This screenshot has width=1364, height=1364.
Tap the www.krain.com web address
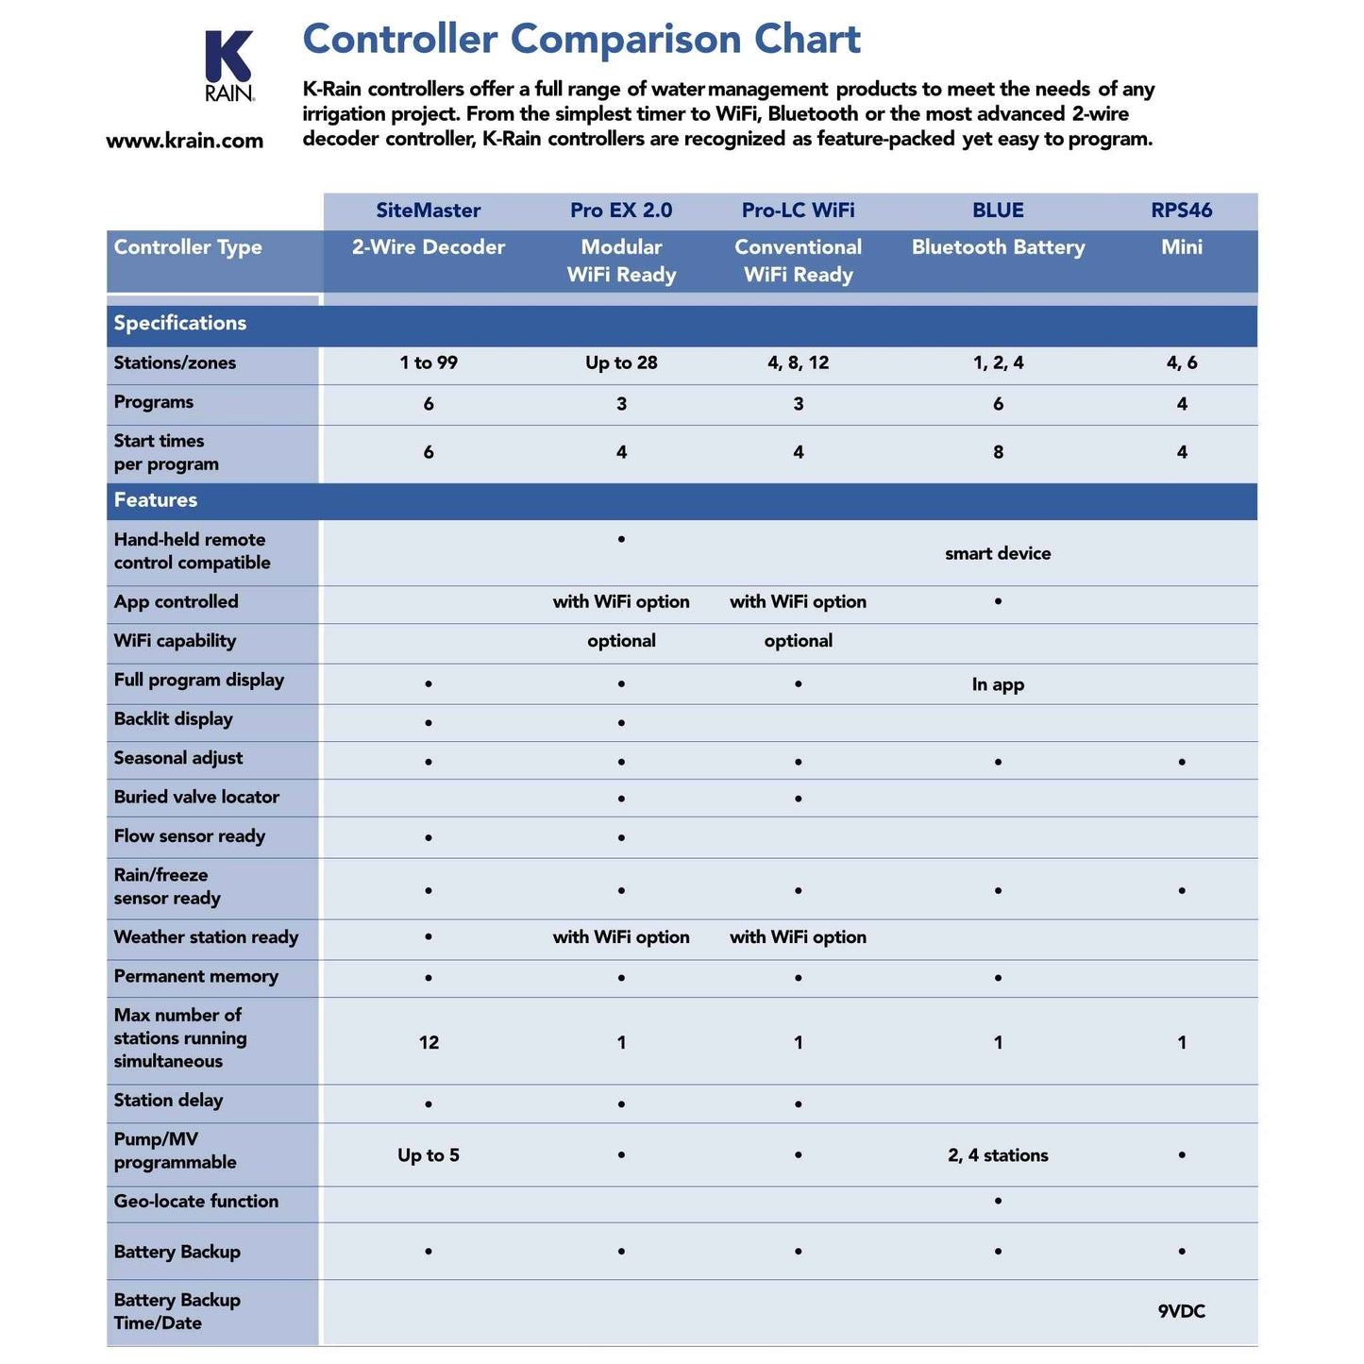185,141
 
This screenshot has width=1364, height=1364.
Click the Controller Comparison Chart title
581,40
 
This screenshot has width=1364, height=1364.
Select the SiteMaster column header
429,210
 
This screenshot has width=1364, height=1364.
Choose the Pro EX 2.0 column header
621,210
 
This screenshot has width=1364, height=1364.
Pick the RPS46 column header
1181,210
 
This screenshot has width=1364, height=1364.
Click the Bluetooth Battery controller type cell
998,247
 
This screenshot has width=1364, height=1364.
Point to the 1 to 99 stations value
429,363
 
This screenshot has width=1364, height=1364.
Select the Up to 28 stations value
621,363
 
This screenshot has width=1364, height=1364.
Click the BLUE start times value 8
998,452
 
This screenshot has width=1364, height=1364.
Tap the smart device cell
998,553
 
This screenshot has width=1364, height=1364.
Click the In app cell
998,684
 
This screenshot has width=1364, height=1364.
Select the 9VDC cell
1181,1311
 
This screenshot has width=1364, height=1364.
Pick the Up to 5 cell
429,1155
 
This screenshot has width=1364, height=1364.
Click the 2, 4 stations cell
998,1155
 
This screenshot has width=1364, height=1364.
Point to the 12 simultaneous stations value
429,1042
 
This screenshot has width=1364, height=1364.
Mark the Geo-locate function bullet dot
998,1201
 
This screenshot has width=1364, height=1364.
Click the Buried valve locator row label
196,797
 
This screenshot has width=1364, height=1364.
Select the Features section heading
156,500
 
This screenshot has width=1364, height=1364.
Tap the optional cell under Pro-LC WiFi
798,641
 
